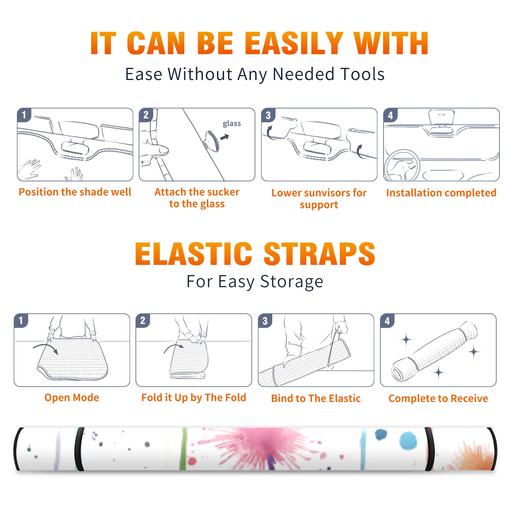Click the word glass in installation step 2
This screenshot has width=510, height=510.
[x=232, y=124]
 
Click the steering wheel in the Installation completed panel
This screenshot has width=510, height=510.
[x=402, y=166]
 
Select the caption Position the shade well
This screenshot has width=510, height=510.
[x=75, y=192]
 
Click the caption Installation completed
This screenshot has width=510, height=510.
[x=441, y=193]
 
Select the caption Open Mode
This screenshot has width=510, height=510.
[x=72, y=397]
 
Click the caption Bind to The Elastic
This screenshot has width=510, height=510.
[x=316, y=398]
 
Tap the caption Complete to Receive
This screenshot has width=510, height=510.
[x=438, y=398]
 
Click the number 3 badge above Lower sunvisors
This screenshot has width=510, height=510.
[x=268, y=115]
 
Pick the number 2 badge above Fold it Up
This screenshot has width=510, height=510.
[x=143, y=320]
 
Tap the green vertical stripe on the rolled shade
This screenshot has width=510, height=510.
[x=183, y=449]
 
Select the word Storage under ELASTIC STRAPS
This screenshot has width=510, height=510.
[x=292, y=282]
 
